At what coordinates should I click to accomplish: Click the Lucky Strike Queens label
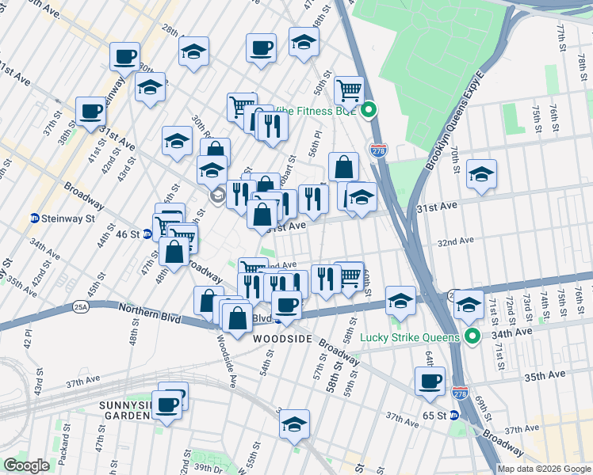pos(410,337)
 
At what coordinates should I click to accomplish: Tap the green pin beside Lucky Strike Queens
pos(473,337)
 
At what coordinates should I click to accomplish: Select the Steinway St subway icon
pos(35,218)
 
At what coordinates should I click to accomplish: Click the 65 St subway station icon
pos(454,415)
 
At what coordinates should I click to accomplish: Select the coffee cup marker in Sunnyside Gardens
pos(167,405)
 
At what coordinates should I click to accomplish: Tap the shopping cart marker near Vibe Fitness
pos(349,90)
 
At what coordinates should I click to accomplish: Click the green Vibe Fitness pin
pos(369,111)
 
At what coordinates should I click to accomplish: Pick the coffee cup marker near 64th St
pos(430,381)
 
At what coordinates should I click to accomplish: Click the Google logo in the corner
pos(26,466)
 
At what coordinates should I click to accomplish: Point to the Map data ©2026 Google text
pos(543,469)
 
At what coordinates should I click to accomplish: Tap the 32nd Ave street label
pos(455,241)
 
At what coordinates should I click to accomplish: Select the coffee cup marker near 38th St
pos(91,111)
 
